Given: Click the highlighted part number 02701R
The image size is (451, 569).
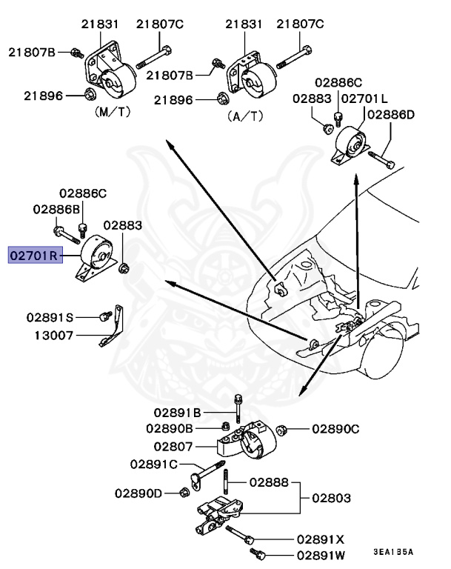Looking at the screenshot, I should (x=34, y=257).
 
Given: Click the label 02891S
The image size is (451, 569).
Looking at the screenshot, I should (x=50, y=317).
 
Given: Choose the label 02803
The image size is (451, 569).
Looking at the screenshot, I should (x=330, y=499).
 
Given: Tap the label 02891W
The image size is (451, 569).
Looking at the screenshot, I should (x=321, y=555).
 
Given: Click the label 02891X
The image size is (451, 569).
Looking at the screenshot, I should (x=321, y=539).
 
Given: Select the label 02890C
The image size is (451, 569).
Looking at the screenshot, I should (x=335, y=429).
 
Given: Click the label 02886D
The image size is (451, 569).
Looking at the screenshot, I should (x=391, y=115).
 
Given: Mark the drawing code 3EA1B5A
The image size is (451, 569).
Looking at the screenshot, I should (x=393, y=553).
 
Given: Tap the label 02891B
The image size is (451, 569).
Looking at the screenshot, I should (x=178, y=412).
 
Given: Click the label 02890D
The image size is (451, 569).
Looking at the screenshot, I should (x=138, y=493).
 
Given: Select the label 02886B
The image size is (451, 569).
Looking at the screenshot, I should (x=56, y=210).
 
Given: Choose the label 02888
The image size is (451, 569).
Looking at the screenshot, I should (x=267, y=482).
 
